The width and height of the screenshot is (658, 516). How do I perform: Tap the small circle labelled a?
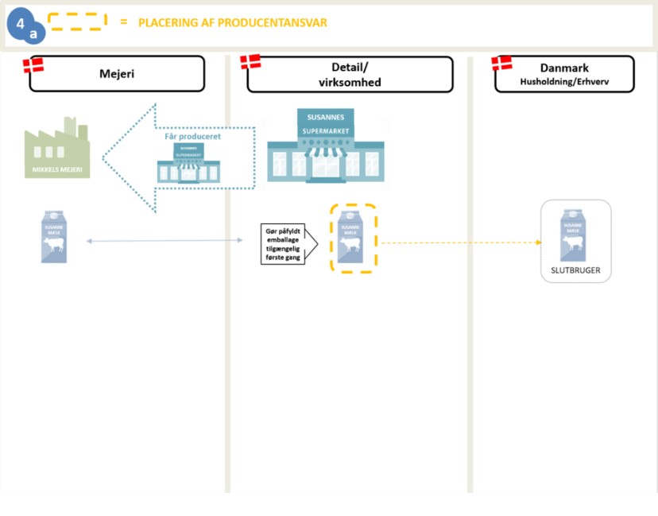[33, 35]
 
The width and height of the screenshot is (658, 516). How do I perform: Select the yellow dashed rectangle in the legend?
[77, 21]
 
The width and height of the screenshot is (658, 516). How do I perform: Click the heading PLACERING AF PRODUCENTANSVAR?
[232, 22]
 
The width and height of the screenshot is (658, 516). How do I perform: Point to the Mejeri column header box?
[117, 74]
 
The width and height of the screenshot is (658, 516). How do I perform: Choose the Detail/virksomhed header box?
[350, 75]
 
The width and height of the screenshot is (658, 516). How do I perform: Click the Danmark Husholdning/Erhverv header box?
[564, 74]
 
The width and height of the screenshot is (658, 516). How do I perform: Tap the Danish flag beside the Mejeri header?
[33, 64]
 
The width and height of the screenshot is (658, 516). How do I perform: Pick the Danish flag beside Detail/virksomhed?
[250, 62]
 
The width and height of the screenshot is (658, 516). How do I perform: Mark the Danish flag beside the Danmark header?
[501, 63]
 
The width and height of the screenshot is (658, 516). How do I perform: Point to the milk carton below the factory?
[54, 237]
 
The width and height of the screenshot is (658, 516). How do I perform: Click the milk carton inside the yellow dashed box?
[350, 237]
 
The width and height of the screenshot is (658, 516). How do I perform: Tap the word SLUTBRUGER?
[575, 270]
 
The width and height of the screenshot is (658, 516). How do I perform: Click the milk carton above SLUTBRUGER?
[575, 235]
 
